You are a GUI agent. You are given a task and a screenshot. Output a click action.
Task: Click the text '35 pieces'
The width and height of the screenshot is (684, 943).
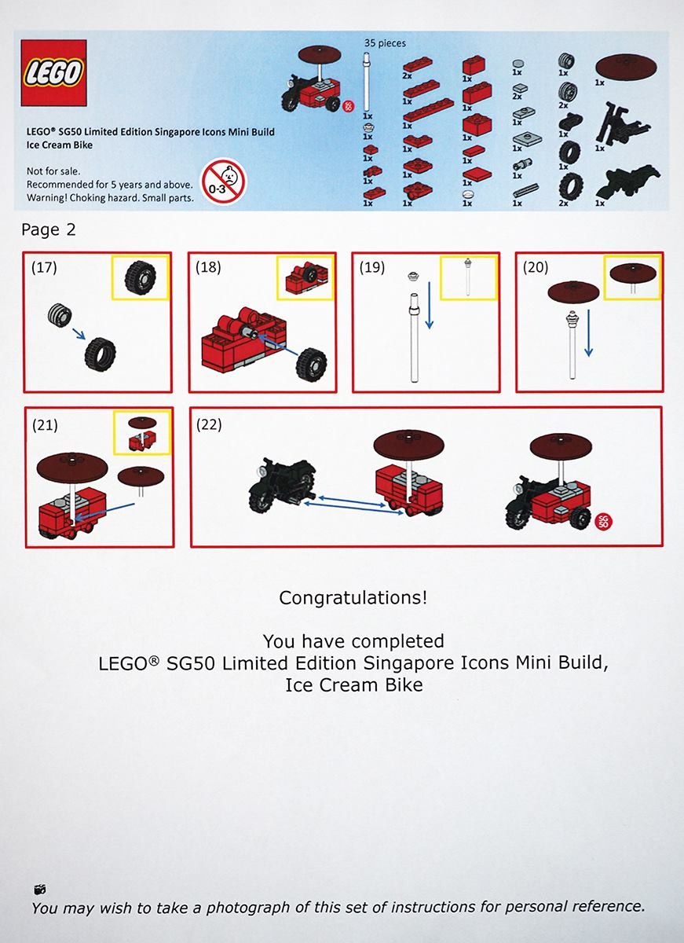pyautogui.click(x=385, y=43)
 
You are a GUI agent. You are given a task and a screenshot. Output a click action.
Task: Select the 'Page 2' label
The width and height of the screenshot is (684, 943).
pyautogui.click(x=49, y=229)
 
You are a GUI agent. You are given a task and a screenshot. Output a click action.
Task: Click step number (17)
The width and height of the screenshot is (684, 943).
pyautogui.click(x=43, y=267)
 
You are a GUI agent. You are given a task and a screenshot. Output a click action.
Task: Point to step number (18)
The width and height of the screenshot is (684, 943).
pyautogui.click(x=208, y=267)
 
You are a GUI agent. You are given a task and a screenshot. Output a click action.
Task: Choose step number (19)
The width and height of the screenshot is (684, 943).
pyautogui.click(x=371, y=267)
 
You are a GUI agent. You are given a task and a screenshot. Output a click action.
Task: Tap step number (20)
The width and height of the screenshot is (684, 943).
pyautogui.click(x=536, y=267)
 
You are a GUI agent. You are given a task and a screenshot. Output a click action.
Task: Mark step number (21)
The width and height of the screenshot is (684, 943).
pyautogui.click(x=45, y=426)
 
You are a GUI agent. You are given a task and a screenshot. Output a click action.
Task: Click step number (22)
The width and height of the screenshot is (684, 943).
pyautogui.click(x=210, y=424)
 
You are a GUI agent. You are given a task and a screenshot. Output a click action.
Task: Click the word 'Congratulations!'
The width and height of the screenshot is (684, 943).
pyautogui.click(x=353, y=597)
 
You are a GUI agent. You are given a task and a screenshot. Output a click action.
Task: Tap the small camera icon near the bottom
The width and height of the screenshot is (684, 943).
pyautogui.click(x=40, y=889)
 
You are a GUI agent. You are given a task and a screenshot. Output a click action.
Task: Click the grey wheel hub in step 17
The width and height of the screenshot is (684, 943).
pyautogui.click(x=60, y=315)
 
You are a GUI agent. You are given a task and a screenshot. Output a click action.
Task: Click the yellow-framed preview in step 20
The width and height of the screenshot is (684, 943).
pyautogui.click(x=632, y=276)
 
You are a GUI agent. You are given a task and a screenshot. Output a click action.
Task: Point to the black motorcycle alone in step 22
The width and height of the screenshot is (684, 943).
pyautogui.click(x=282, y=486)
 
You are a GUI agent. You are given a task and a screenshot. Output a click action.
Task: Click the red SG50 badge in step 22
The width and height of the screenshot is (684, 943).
pyautogui.click(x=604, y=523)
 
